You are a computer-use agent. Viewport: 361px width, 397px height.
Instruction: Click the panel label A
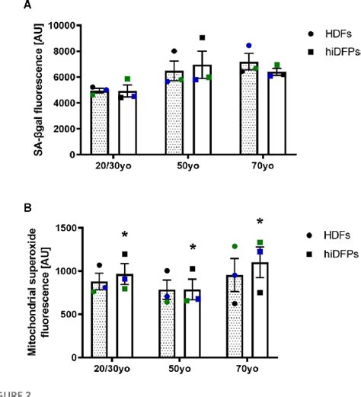5,5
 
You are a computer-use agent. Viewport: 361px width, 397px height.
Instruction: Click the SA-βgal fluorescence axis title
36,89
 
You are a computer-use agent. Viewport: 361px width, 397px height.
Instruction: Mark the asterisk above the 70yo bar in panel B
260,223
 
